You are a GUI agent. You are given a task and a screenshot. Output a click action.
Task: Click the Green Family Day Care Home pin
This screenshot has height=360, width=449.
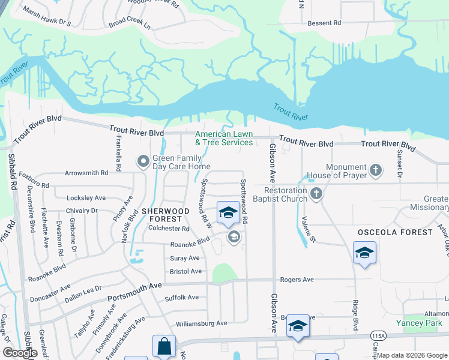click(x=143, y=161)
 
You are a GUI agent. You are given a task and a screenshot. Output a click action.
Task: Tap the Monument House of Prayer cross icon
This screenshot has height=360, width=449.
click(x=376, y=170)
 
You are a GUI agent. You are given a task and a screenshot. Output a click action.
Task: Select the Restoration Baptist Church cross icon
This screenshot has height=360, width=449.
click(x=316, y=194)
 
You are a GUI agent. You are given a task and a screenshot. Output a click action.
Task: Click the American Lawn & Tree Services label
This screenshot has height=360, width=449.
click(x=224, y=139)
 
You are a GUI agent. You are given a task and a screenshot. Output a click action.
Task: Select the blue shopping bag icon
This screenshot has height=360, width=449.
click(x=164, y=346)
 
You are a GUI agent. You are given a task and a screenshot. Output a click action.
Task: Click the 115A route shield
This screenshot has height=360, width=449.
click(x=378, y=336)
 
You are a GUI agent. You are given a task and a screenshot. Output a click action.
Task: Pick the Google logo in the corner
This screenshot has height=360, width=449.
click(x=20, y=353)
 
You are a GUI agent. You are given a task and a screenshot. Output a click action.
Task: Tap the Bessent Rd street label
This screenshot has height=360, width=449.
click(x=324, y=23)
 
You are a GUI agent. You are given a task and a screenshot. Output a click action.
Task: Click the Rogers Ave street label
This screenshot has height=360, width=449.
click(x=297, y=280)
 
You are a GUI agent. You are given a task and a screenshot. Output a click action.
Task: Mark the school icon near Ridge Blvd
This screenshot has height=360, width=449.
click(x=364, y=253)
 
